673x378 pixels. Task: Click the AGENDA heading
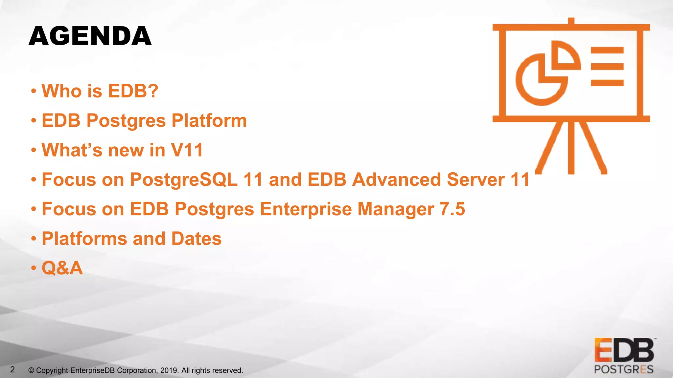coord(90,36)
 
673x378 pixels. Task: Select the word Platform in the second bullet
coord(209,120)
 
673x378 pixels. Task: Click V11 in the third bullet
coord(187,150)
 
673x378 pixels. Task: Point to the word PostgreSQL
coord(184,179)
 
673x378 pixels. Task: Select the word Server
coord(476,179)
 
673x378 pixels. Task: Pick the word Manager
coord(396,209)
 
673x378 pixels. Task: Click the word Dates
coord(196,239)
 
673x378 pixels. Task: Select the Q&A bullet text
coord(62,268)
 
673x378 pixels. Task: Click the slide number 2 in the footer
coord(12,369)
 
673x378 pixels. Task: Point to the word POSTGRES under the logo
coord(623,370)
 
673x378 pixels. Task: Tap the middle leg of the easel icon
coord(571,148)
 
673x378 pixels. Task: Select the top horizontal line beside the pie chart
coord(607,50)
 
